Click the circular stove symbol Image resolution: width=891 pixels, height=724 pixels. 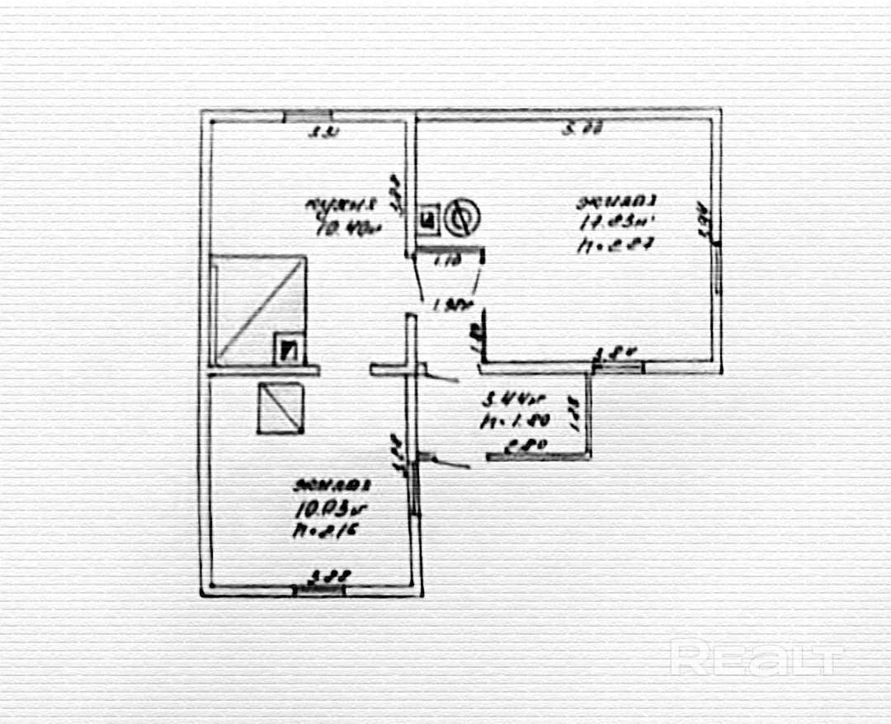[x=459, y=219]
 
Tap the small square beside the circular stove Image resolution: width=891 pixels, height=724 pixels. [x=427, y=219]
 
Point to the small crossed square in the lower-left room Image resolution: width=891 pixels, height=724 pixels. [x=280, y=408]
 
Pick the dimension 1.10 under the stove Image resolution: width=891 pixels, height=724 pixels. [x=447, y=262]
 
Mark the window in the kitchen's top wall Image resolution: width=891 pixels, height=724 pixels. [x=308, y=116]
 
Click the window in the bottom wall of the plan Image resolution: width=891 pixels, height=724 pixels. [x=319, y=589]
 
